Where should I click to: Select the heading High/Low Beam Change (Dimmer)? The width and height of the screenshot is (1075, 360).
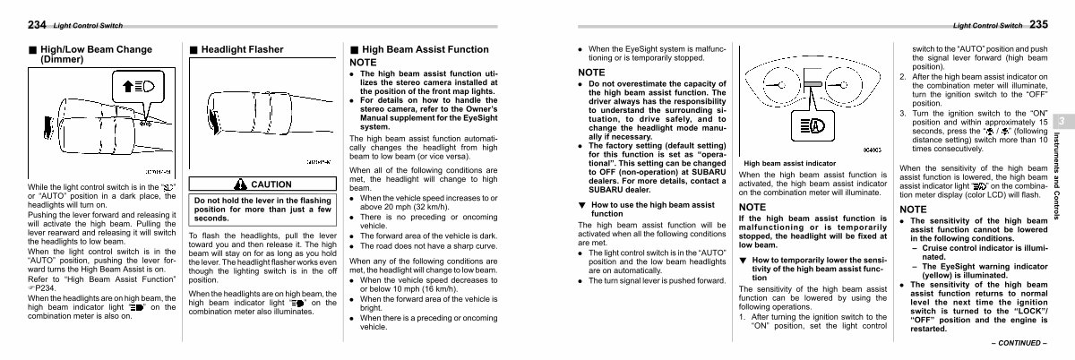tap(73, 54)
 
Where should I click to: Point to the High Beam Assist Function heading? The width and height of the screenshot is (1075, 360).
tap(418, 48)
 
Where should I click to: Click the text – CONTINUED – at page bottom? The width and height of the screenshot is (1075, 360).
tap(1019, 343)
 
